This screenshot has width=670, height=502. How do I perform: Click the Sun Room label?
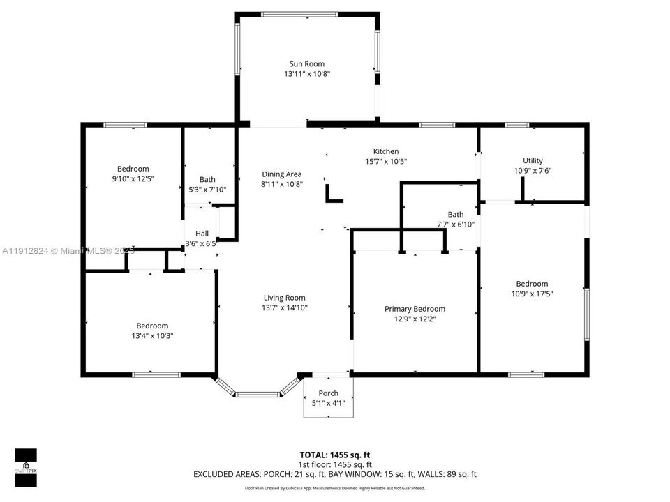307,64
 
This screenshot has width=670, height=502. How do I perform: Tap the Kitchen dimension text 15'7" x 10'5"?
386,161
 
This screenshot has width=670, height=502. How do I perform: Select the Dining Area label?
281,174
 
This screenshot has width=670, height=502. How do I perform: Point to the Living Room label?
284,298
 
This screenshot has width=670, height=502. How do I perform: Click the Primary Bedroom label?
415,309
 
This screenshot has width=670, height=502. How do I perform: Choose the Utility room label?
533,161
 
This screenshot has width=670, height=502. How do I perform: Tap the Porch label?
328,393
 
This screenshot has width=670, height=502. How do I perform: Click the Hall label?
202,234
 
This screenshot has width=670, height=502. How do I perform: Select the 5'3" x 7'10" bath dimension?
207,190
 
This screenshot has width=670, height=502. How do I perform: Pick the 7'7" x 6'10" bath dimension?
456,225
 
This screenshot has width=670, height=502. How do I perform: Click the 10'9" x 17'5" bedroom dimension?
532,294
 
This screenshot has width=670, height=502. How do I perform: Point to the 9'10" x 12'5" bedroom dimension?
133,179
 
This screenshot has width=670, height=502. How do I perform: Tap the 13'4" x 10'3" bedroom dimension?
152,336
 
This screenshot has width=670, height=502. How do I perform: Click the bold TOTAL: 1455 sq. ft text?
334,455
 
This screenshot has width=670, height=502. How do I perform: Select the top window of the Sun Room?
299,15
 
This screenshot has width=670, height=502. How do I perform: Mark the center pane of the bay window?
258,395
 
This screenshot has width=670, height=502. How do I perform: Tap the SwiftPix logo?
26,468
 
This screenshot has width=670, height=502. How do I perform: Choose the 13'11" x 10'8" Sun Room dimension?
307,74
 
